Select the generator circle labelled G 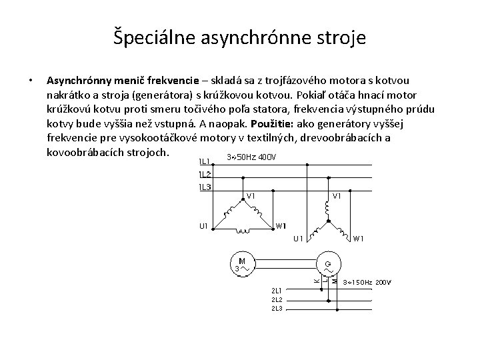click(x=328, y=264)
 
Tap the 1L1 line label click(x=204, y=161)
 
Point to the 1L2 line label click(x=204, y=174)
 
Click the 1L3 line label click(x=204, y=187)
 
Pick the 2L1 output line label click(x=277, y=290)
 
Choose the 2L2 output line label click(x=277, y=299)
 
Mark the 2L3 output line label click(x=277, y=309)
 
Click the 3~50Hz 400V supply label click(x=251, y=157)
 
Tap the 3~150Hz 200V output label click(x=367, y=283)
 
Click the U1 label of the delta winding click(x=203, y=226)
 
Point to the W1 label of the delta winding click(x=281, y=225)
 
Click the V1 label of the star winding click(x=337, y=196)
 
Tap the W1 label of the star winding click(x=358, y=239)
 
